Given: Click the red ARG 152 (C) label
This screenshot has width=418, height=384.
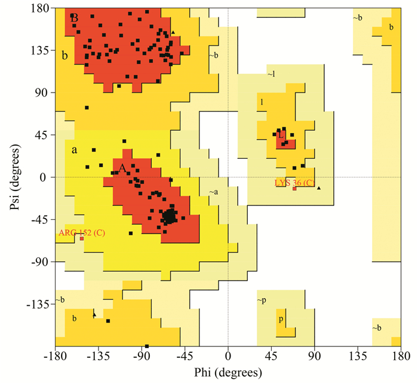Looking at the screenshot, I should click(x=82, y=232).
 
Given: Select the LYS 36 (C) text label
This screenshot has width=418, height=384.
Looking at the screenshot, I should click(x=294, y=182).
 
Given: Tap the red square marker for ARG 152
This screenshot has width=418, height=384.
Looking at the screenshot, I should click(x=82, y=239).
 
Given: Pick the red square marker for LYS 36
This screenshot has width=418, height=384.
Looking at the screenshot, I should click(x=294, y=189).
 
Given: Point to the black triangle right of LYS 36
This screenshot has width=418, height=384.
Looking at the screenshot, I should click(x=319, y=189).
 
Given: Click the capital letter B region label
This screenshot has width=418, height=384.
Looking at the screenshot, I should click(x=75, y=19).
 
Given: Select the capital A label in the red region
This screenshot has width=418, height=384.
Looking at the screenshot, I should click(x=122, y=168).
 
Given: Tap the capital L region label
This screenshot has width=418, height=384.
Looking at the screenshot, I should click(x=280, y=136).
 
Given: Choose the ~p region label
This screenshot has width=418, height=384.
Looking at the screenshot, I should click(x=262, y=299).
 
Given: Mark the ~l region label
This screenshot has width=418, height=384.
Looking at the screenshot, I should click(x=272, y=73).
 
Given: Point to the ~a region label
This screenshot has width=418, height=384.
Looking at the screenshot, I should click(x=213, y=192).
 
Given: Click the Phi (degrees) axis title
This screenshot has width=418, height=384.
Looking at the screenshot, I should click(x=228, y=373).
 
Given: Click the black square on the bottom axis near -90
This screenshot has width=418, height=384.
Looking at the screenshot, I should click(x=147, y=346).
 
